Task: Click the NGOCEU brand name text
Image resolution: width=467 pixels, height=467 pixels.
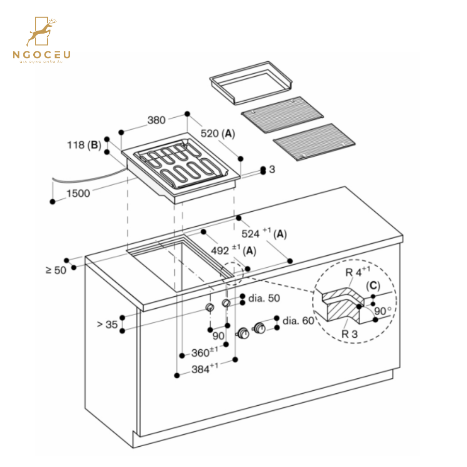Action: [x=42, y=54]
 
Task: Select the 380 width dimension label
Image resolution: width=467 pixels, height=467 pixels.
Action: [x=156, y=120]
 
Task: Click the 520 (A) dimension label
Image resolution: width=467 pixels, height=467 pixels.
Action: [x=217, y=134]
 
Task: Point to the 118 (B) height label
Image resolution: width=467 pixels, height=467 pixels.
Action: [x=84, y=145]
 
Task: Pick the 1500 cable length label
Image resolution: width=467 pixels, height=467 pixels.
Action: [x=78, y=194]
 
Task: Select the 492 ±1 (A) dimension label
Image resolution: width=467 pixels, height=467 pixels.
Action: [x=233, y=251]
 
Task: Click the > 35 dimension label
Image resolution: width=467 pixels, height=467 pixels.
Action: [x=107, y=325]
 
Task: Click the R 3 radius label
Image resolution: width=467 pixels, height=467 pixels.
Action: [x=349, y=334]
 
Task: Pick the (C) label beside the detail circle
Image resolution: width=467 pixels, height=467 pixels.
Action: [x=374, y=285]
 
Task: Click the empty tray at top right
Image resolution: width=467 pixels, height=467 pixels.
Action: [x=251, y=82]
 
